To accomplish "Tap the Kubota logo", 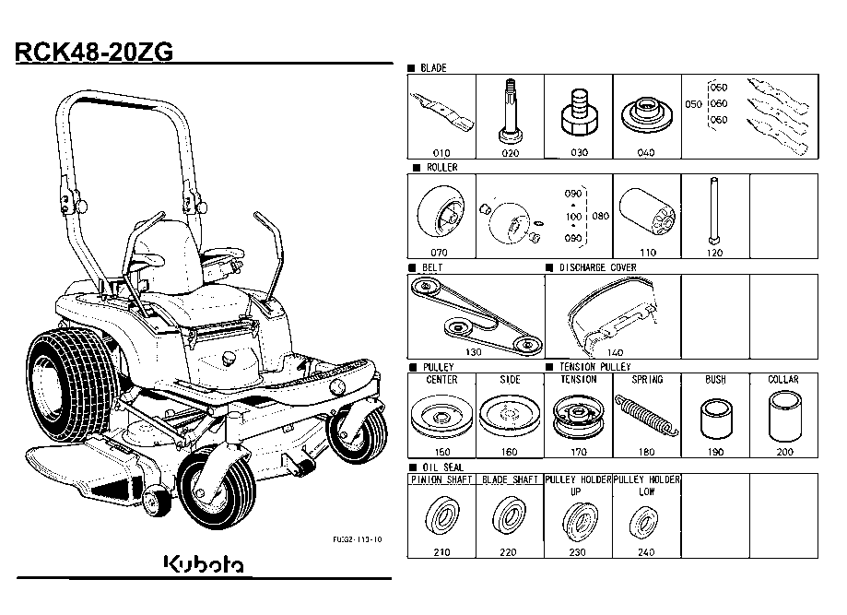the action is (204, 562).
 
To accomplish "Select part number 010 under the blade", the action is (441, 152).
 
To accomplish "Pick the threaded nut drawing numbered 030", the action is (579, 110).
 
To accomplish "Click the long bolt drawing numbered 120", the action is (714, 213).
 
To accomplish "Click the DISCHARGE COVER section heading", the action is (597, 267).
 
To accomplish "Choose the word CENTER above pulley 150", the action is (441, 380).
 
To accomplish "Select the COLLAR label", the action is (783, 380).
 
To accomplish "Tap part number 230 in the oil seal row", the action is (578, 551).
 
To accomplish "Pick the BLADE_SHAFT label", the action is (510, 479).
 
